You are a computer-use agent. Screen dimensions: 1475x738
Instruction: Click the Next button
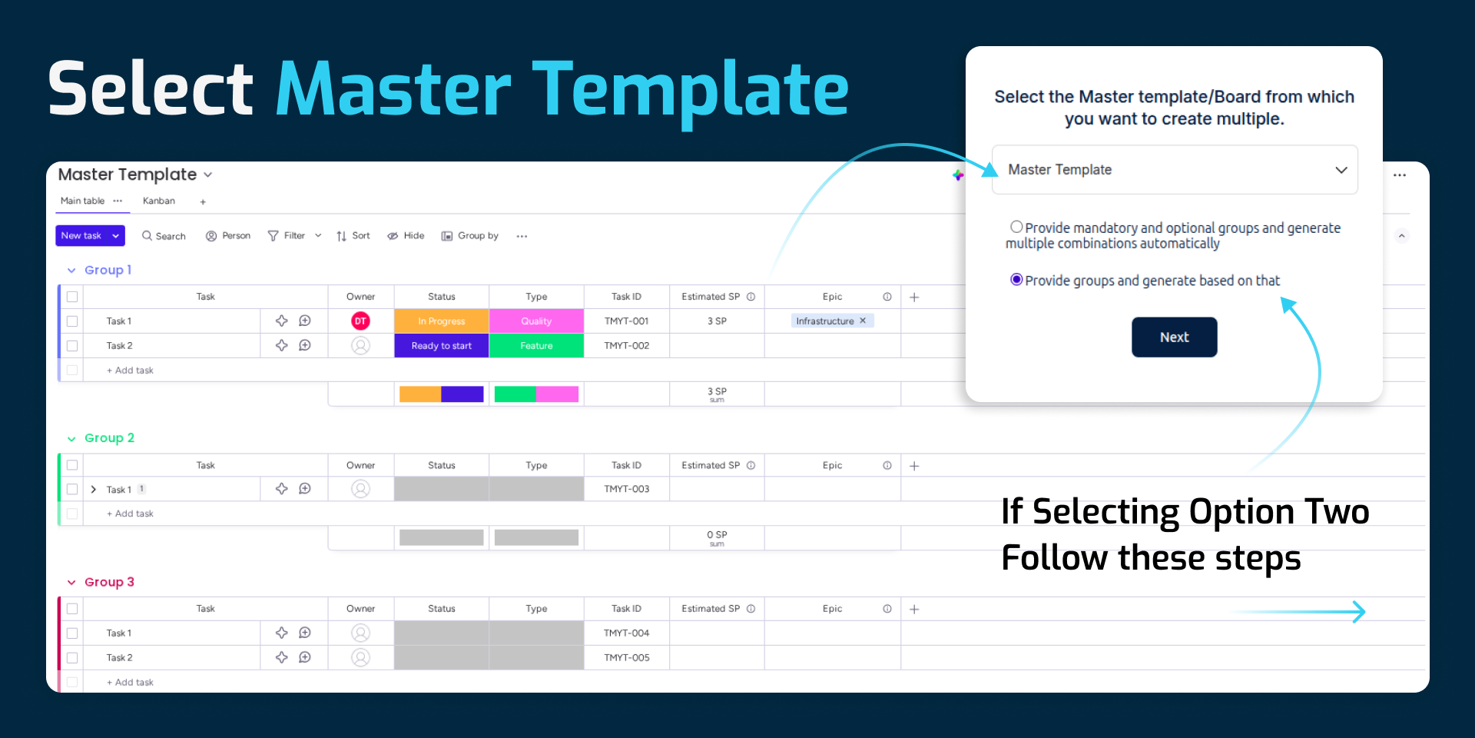(x=1174, y=337)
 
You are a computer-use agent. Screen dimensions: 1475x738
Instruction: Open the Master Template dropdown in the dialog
(x=1175, y=169)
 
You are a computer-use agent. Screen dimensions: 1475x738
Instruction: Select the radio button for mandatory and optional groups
(x=1016, y=227)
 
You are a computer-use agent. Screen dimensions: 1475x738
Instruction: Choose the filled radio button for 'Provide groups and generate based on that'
(x=1016, y=280)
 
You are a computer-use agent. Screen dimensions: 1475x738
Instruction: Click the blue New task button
(x=90, y=235)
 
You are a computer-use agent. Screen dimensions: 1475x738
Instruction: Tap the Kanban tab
(x=159, y=201)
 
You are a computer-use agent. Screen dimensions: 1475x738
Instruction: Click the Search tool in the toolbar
(x=164, y=236)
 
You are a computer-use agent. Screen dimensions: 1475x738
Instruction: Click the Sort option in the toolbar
(x=353, y=236)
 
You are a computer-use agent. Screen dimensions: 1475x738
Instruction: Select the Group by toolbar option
(x=470, y=236)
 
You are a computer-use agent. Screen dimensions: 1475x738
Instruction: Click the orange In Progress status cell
(x=442, y=321)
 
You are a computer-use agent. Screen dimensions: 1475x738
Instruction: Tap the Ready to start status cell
(x=442, y=345)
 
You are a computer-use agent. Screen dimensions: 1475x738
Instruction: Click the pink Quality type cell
(x=536, y=321)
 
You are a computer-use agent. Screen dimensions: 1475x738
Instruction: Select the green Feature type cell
(x=536, y=345)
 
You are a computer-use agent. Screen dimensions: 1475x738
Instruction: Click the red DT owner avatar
(x=360, y=321)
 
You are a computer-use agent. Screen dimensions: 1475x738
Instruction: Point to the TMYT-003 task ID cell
(x=627, y=489)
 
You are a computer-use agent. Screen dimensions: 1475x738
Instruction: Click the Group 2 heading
(x=109, y=438)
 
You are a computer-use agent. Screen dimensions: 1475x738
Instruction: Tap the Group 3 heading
(x=109, y=582)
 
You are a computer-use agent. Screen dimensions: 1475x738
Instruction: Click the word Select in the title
(x=151, y=88)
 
